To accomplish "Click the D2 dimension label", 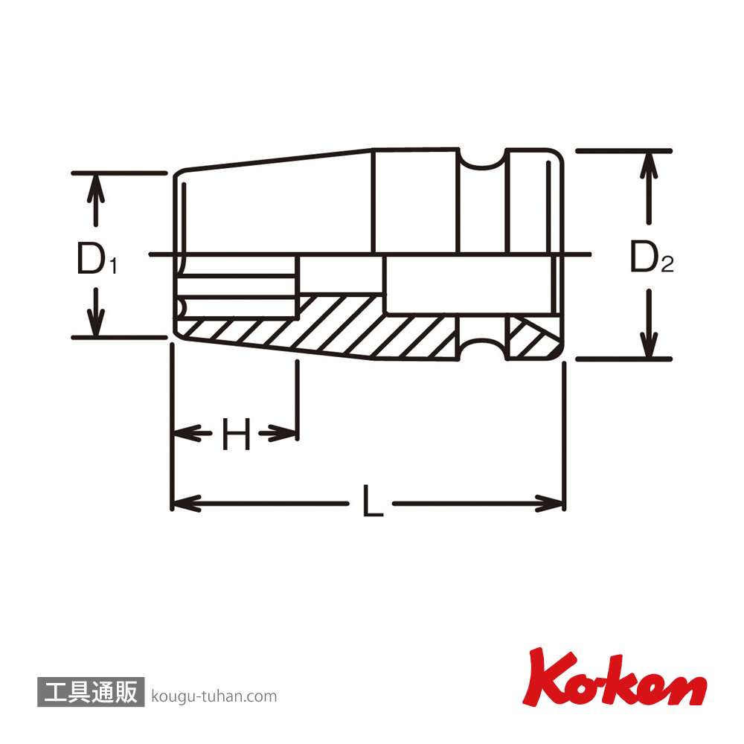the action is click(x=652, y=257).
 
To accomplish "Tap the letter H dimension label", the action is click(x=236, y=434).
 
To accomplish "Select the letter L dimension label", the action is click(x=373, y=501).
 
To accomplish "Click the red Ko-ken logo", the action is click(x=615, y=677).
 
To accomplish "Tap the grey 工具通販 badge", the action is click(x=91, y=692).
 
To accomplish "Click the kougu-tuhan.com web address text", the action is click(x=214, y=696).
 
